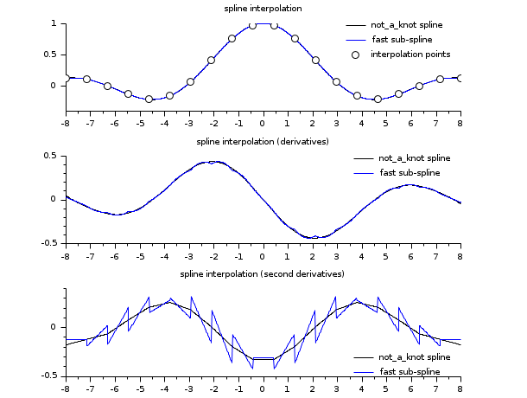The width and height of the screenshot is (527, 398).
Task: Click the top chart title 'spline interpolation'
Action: click(x=263, y=9)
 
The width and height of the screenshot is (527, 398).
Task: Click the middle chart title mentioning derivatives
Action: click(x=263, y=141)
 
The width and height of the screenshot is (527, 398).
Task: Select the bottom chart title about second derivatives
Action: click(x=263, y=274)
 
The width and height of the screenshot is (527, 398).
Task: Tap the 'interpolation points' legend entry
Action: click(x=410, y=55)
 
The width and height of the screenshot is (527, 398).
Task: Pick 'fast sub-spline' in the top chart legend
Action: click(x=402, y=40)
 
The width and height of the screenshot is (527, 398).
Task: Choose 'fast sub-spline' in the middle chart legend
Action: click(x=409, y=173)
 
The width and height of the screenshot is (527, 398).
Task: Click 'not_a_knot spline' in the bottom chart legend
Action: click(x=415, y=356)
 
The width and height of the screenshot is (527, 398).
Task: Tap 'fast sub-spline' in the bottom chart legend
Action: click(x=409, y=371)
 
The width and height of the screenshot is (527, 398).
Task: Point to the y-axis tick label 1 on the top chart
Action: click(x=54, y=23)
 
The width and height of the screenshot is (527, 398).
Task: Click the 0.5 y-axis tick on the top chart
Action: click(x=51, y=55)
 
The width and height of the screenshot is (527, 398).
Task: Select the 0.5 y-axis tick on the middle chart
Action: click(x=51, y=156)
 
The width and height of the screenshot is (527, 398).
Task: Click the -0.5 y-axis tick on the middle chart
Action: click(x=49, y=243)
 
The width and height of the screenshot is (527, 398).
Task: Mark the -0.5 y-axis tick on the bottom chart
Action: click(x=49, y=376)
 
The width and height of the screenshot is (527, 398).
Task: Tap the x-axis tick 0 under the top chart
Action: click(x=263, y=123)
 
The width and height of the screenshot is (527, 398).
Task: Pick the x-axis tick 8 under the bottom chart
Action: click(x=460, y=388)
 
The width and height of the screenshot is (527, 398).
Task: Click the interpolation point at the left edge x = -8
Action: click(x=66, y=78)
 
